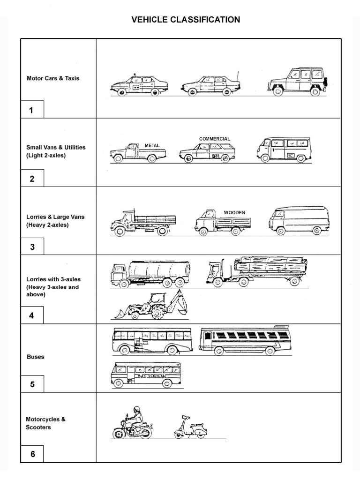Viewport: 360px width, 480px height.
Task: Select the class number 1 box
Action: tap(32, 111)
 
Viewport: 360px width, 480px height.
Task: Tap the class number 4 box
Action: tap(32, 315)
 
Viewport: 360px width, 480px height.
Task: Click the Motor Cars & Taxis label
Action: tap(53, 78)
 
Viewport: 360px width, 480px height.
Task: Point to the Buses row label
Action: tap(36, 357)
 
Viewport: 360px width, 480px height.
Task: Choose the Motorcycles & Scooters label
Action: tap(46, 423)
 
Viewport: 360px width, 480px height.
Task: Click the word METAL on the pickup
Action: tap(152, 145)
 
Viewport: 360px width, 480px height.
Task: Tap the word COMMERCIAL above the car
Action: tap(214, 139)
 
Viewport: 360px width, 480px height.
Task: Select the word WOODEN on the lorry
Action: tap(234, 212)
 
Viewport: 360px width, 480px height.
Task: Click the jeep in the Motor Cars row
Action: tap(297, 82)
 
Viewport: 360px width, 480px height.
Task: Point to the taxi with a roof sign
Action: tap(139, 85)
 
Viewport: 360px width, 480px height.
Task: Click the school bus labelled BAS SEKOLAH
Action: tap(145, 375)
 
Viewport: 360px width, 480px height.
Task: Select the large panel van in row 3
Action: tap(299, 219)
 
